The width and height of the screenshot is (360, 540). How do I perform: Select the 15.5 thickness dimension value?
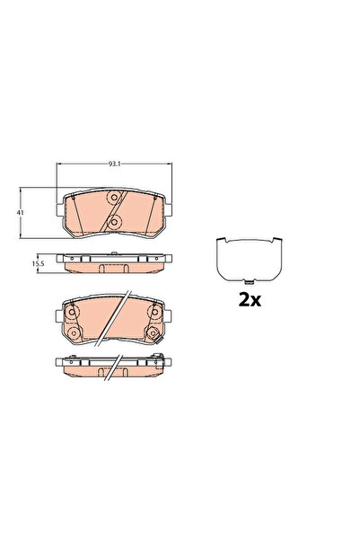coord(39,264)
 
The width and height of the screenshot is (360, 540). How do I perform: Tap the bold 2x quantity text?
coord(249,300)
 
